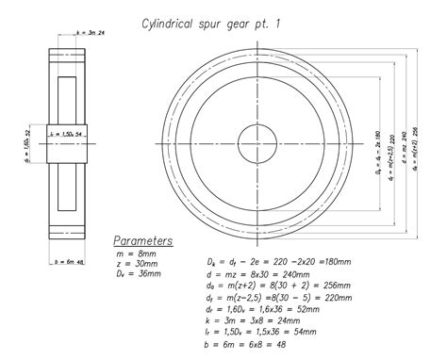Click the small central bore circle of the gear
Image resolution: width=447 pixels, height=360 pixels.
pyautogui.click(x=255, y=145)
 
